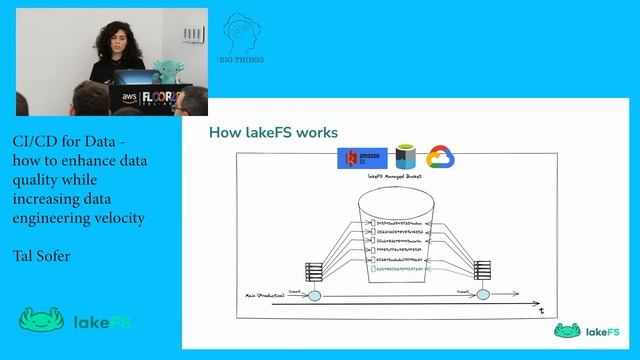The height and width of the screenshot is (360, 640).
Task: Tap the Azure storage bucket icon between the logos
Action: click(x=404, y=157)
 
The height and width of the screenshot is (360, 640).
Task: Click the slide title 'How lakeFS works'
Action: click(x=272, y=132)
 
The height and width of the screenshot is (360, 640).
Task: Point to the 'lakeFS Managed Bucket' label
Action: click(x=396, y=177)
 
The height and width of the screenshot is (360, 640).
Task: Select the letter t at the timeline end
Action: click(x=541, y=311)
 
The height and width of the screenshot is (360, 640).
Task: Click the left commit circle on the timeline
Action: click(x=314, y=296)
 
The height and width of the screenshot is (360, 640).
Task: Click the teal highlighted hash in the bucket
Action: click(x=399, y=270)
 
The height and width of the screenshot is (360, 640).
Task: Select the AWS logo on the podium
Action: click(x=129, y=95)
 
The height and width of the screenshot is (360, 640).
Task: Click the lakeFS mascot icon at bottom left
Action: click(x=42, y=322)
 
